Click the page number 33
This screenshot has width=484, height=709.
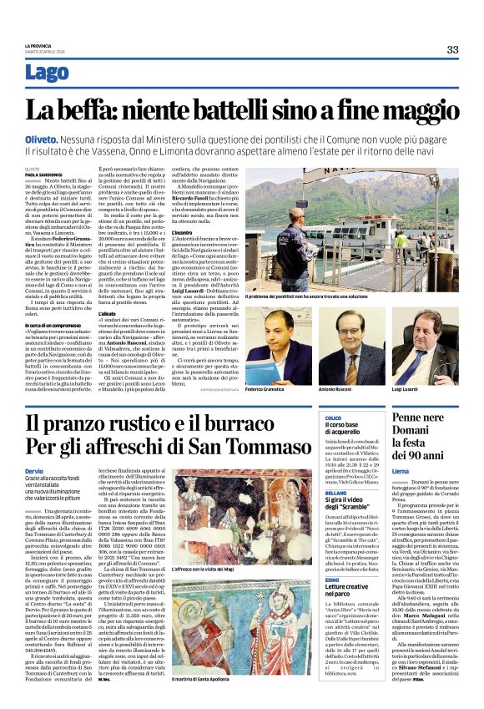pyautogui.click(x=452, y=49)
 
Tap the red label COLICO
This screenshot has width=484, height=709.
pyautogui.click(x=334, y=418)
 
